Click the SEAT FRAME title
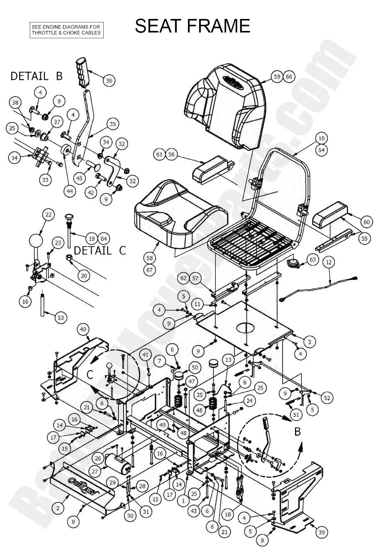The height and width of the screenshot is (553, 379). [x=192, y=26]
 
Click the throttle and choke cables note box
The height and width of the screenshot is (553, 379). [x=67, y=30]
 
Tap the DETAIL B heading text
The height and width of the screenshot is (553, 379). [x=36, y=76]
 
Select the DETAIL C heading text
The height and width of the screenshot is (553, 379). [x=100, y=250]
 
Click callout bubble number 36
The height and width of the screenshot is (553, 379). [x=109, y=80]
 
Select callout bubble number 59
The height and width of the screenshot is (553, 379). [x=277, y=77]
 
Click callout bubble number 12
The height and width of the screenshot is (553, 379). [x=329, y=263]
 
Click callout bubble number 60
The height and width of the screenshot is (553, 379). [x=367, y=222]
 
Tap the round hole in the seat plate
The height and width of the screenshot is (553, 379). [x=246, y=328]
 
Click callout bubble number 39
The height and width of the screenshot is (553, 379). [x=321, y=533]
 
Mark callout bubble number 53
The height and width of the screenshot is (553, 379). [x=61, y=318]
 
